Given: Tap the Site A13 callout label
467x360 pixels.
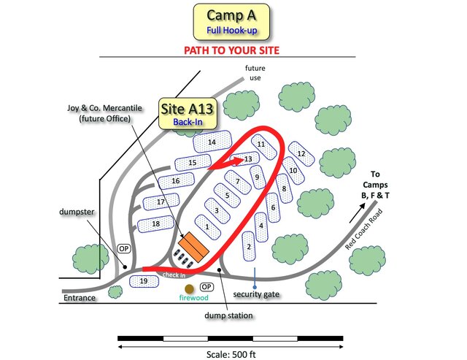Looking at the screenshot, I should pyautogui.click(x=187, y=113).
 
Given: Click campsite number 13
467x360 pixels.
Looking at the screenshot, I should pyautogui.click(x=248, y=158).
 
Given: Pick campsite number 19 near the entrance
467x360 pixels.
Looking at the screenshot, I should pyautogui.click(x=144, y=280).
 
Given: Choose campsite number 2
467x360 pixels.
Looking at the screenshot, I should pyautogui.click(x=249, y=247).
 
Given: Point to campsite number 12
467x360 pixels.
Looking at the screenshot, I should pyautogui.click(x=301, y=154).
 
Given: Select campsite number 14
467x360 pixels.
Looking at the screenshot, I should pyautogui.click(x=212, y=142).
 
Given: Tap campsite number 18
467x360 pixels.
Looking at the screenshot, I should pyautogui.click(x=155, y=223).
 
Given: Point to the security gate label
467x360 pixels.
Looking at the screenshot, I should pyautogui.click(x=257, y=294).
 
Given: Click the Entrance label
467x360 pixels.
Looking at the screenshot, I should pyautogui.click(x=79, y=298).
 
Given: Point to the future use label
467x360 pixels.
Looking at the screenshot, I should pyautogui.click(x=255, y=73).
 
